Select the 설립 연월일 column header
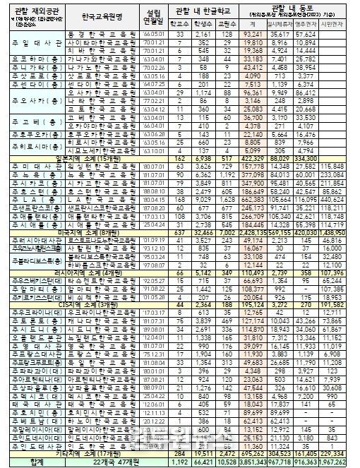[x=152, y=15]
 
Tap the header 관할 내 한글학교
[x=206, y=8]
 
